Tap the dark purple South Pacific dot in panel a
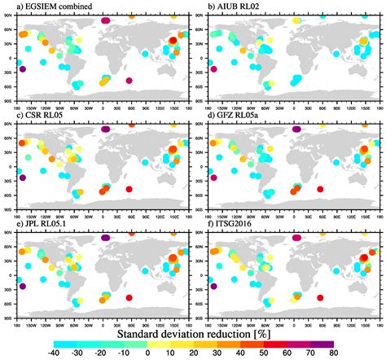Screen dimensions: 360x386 click(22, 70)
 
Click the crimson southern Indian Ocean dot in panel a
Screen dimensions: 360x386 click(129, 80)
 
